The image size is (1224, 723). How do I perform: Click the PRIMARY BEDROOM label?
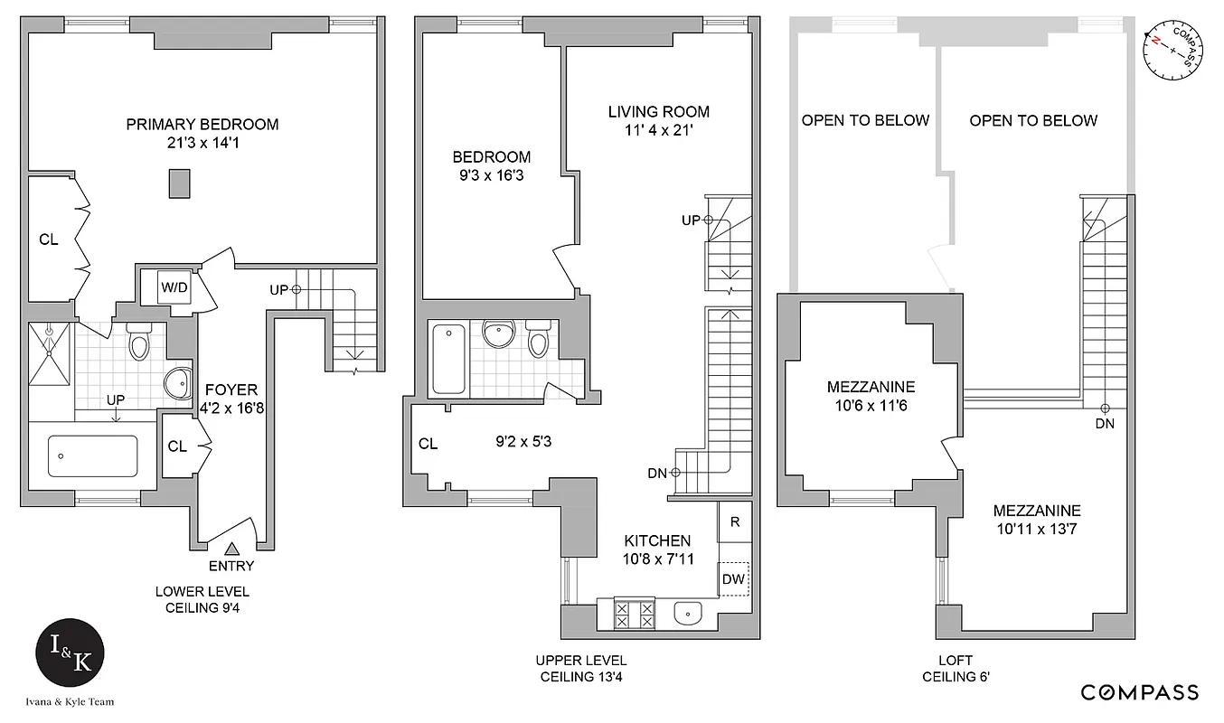pos(202,125)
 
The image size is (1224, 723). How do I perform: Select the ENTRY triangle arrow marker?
pos(231,548)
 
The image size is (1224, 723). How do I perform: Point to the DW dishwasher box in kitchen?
pos(733,578)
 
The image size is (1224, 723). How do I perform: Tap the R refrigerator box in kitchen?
pos(735,521)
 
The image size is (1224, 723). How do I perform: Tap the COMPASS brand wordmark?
pos(1140,692)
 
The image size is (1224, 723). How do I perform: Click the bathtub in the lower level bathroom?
pos(92,455)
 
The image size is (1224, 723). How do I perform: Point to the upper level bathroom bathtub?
pos(447,359)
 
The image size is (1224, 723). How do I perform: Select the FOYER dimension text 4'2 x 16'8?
pos(230,408)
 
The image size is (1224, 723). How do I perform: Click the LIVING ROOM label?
pos(658,112)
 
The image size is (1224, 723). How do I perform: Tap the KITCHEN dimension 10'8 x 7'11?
pos(656,559)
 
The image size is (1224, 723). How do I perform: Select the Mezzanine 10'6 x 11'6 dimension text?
pos(871,405)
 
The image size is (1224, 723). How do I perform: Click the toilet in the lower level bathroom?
pos(139,342)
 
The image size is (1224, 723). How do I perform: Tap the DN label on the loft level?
pos(1104,423)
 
